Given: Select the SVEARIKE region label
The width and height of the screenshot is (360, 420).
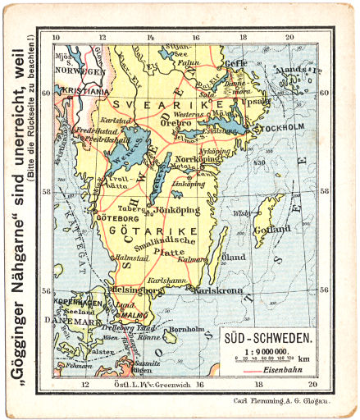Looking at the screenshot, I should [x=153, y=106].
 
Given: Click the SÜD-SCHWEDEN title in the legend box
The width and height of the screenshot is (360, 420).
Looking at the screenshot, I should [x=267, y=338].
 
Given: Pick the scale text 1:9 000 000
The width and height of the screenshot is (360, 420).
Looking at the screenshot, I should [x=267, y=350].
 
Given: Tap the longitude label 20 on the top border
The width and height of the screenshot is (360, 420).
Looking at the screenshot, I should [x=289, y=38].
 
